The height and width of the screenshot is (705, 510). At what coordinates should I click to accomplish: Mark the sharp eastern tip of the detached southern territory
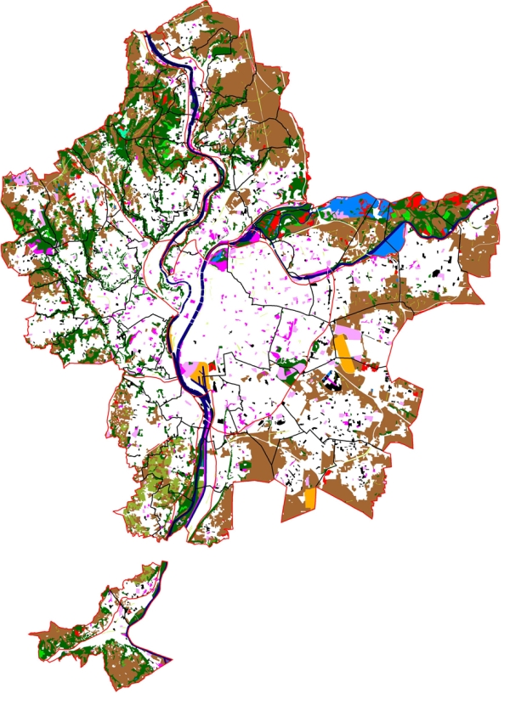point(173,660)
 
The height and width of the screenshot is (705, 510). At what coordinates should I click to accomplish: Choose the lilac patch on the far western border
point(19,178)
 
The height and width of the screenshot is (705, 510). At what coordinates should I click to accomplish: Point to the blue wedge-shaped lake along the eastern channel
point(390,242)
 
